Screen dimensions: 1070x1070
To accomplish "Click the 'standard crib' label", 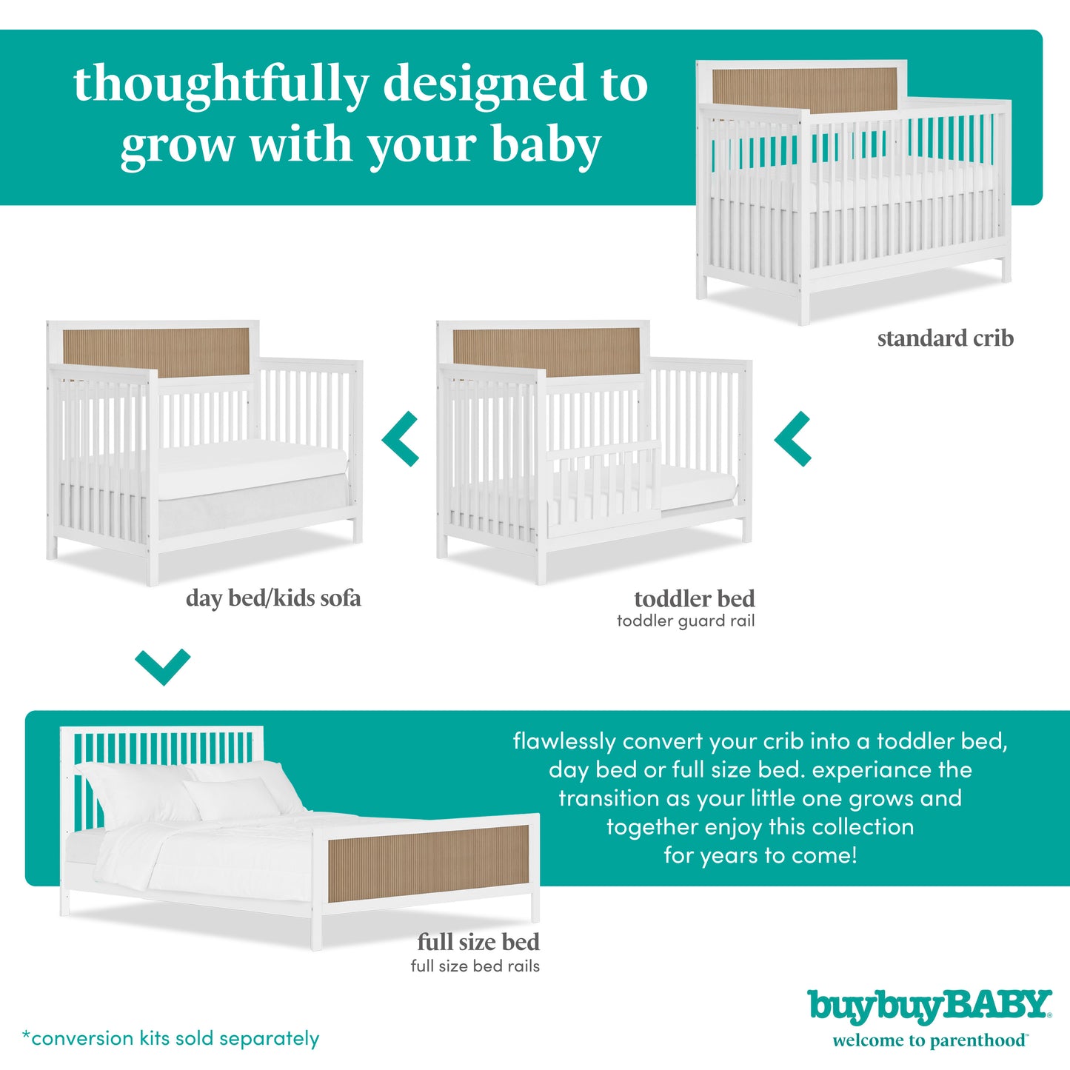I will [x=945, y=338].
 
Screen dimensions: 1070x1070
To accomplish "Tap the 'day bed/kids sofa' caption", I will [x=273, y=598].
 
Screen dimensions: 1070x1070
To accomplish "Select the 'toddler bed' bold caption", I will [x=694, y=598].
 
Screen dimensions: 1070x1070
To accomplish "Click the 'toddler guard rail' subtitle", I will [x=686, y=621].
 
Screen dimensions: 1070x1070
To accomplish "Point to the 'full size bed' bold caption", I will [x=478, y=942].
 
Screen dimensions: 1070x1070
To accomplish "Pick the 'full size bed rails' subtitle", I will [x=475, y=966].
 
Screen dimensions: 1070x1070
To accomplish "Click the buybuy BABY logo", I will [x=929, y=1006].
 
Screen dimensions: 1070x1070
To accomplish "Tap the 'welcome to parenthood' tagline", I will [x=929, y=1040].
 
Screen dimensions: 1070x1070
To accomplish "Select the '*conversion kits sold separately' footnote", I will [x=171, y=1038].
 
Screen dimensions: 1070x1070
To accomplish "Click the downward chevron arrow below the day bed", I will [x=163, y=666].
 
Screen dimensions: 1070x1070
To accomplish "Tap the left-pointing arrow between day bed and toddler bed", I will [x=402, y=439].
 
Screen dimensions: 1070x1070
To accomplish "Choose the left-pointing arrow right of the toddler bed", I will [x=794, y=439].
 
